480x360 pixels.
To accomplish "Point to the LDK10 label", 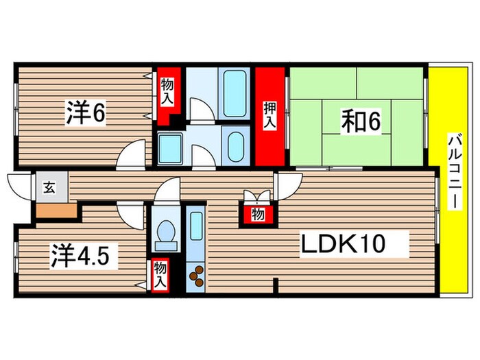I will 352,243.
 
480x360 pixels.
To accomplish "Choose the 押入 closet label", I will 270,114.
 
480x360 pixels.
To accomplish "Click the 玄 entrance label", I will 49,186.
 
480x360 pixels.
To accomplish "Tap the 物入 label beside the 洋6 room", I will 167,90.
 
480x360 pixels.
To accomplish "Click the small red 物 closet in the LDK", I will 258,214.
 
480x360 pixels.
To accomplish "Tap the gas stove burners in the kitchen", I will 196,276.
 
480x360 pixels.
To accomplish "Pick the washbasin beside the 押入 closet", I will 235,145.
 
